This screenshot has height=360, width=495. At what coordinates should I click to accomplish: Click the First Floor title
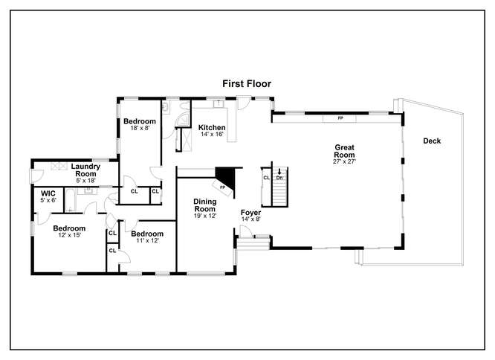pos(247,84)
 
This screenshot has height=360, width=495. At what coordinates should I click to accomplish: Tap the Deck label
pos(432,141)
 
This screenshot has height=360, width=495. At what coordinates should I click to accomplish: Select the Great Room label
pos(344,151)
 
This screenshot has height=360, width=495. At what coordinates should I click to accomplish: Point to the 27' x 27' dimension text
pos(344,161)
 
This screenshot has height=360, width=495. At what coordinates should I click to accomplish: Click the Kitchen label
pos(212,128)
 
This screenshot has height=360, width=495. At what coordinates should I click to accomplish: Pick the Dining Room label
pos(205,205)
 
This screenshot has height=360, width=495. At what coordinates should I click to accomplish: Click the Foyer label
pos(250,212)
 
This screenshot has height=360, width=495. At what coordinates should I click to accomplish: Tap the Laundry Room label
pos(85,170)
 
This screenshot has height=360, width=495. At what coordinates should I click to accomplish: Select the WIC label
pos(48,193)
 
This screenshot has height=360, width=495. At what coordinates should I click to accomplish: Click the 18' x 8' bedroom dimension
pos(140,128)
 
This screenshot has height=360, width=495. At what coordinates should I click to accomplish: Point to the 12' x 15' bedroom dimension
pos(69,235)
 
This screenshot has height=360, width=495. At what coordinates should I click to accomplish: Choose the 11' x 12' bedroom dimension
pos(147,240)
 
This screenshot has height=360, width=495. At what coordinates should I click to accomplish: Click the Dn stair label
pos(279,178)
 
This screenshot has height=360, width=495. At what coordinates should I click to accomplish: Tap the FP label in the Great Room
pos(340,118)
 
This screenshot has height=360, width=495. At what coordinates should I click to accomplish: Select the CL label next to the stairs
pos(266,178)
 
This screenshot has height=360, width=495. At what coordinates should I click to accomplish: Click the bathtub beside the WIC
pos(71,200)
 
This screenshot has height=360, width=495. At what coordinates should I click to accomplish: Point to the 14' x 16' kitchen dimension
pos(212,134)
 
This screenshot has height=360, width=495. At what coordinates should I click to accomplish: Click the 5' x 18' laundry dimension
pos(85,181)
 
